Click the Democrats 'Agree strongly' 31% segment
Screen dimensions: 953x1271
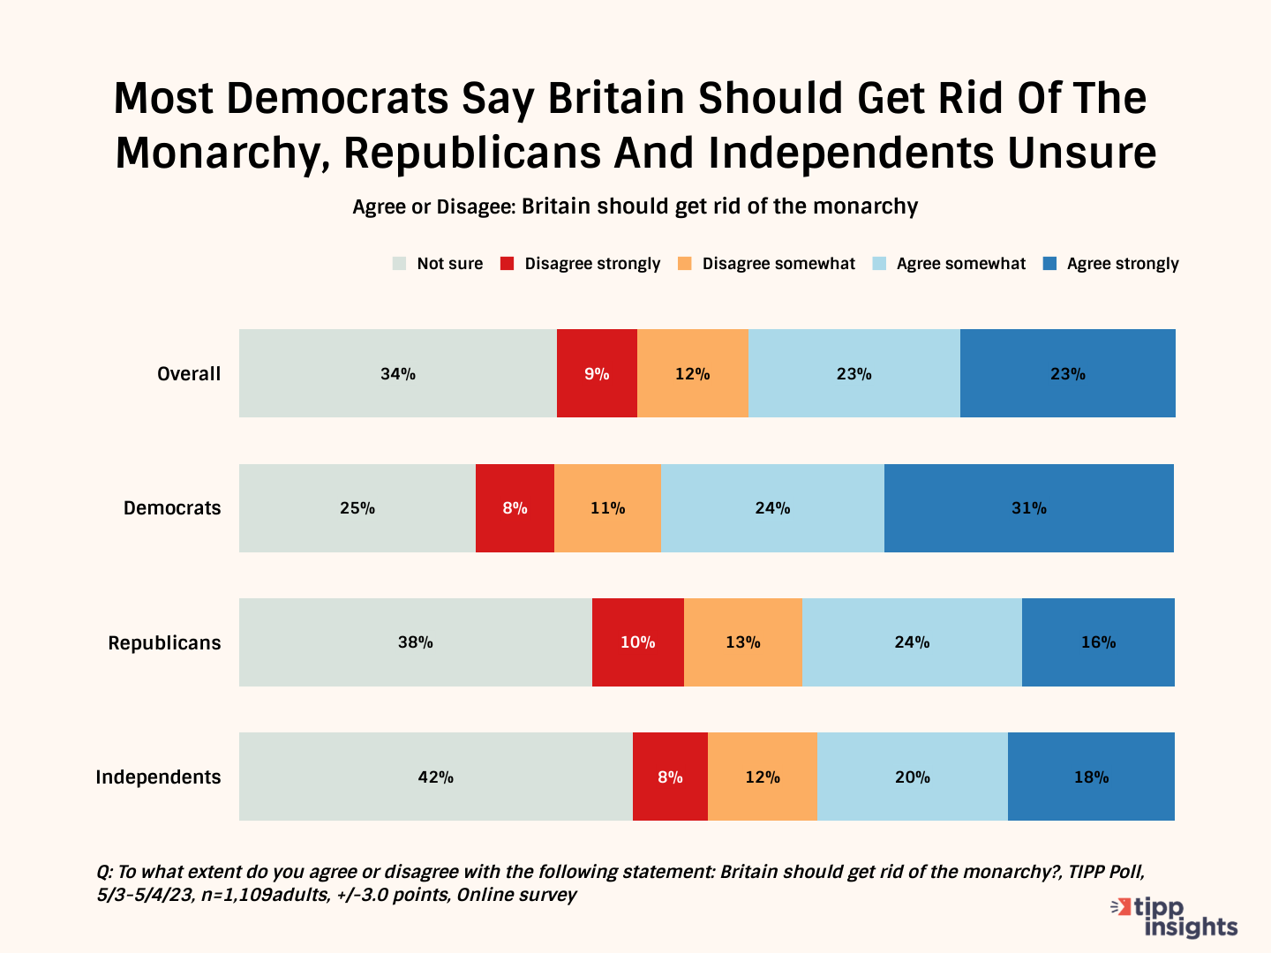pos(1029,508)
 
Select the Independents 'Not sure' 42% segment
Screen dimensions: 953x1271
pos(436,777)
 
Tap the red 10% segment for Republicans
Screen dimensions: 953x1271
pos(637,642)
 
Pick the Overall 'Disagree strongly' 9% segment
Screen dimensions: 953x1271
pos(597,373)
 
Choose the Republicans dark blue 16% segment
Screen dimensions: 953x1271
pos(1098,642)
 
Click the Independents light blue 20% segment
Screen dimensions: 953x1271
pos(912,777)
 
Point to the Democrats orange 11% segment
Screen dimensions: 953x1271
pos(607,508)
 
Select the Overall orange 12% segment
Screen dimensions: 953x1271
pos(692,373)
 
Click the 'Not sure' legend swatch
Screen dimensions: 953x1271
pos(399,264)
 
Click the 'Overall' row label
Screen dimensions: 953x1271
pos(189,374)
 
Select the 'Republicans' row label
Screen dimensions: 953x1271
pos(164,643)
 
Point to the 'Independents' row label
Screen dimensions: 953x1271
pos(158,777)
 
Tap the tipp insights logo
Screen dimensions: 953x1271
pos(1176,918)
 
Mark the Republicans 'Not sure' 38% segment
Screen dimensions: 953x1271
pos(415,642)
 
